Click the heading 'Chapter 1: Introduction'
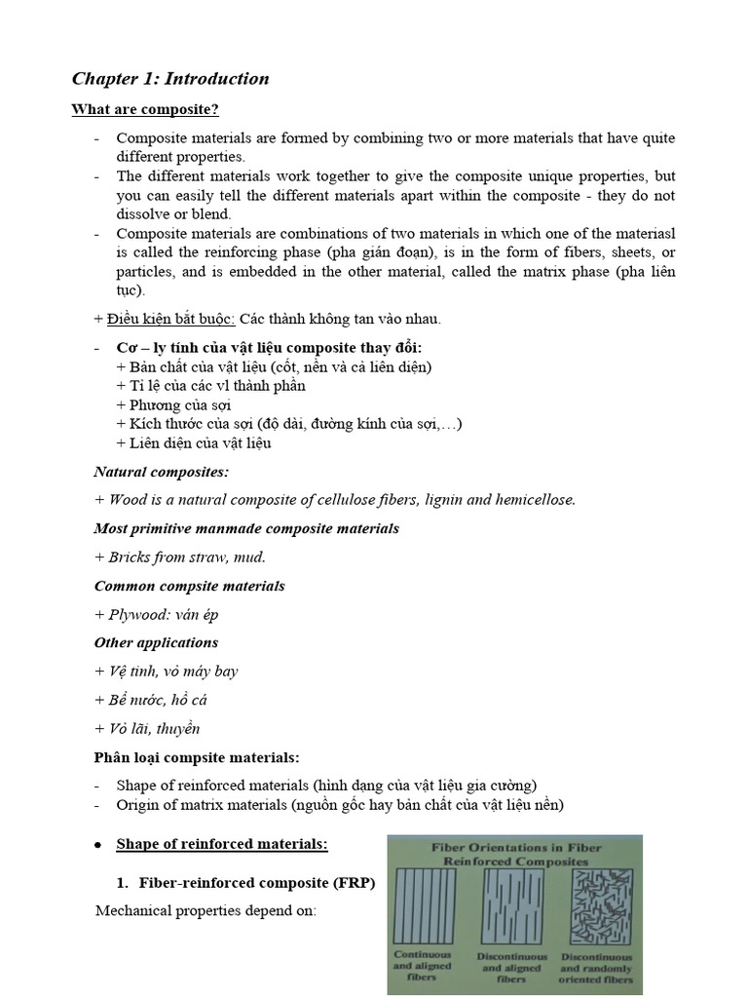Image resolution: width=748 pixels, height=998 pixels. (170, 79)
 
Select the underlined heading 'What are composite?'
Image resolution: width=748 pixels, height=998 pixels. (144, 109)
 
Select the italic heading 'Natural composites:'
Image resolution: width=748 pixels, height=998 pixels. (162, 472)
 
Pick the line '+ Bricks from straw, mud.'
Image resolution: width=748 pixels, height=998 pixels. (180, 557)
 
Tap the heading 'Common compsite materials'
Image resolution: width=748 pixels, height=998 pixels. (189, 586)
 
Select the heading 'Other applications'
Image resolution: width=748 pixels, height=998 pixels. (156, 642)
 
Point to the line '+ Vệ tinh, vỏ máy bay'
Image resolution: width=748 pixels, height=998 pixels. (166, 672)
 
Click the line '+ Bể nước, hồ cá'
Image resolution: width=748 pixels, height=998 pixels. (151, 700)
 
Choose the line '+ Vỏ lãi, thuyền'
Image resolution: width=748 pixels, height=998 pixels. (147, 728)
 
